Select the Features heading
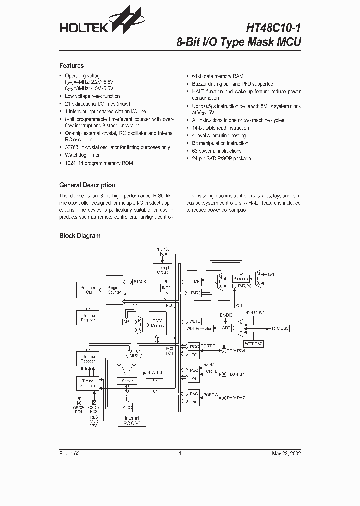point(71,66)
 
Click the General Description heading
point(87,185)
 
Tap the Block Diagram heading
point(80,235)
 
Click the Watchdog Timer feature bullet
point(82,155)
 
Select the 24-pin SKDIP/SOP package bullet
point(221,159)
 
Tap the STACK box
point(140,282)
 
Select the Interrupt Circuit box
point(163,270)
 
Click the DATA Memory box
point(158,323)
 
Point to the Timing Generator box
point(88,383)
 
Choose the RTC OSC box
point(280,328)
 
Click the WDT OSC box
point(253,344)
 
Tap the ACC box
point(127,407)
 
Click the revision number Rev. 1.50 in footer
point(69,454)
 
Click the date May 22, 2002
point(286,454)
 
